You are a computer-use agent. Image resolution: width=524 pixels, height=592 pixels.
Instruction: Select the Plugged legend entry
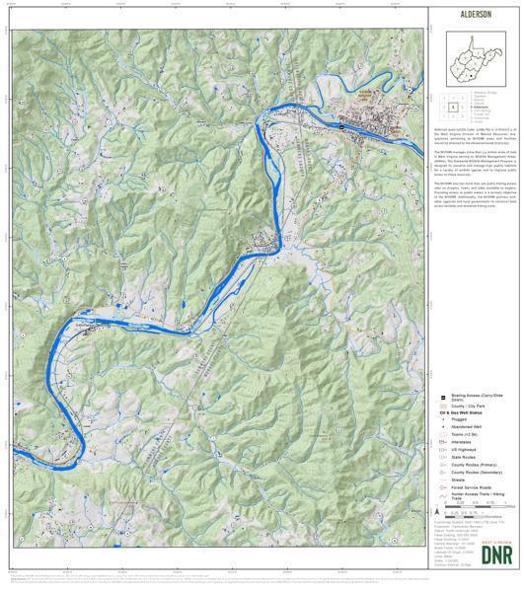coord(464,421)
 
